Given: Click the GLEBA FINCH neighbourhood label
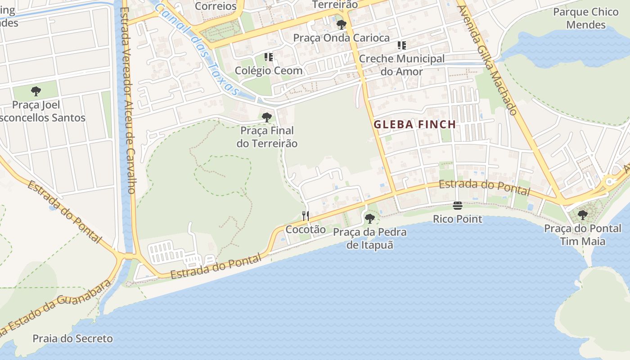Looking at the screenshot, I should [x=415, y=125].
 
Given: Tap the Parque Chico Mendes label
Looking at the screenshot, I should [x=585, y=18].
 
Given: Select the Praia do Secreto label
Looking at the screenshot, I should [x=72, y=338].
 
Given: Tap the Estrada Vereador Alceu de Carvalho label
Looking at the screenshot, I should [x=128, y=99].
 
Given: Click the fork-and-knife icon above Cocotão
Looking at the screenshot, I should [x=306, y=216].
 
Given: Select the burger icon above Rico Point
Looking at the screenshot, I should [x=458, y=206].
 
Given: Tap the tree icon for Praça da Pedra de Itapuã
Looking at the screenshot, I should [x=370, y=219].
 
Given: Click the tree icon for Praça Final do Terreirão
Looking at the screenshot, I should [x=267, y=117].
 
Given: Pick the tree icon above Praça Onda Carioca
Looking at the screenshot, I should [x=341, y=24].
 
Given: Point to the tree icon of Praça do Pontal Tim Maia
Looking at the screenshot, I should [x=582, y=215].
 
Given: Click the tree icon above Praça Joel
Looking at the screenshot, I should [x=36, y=92].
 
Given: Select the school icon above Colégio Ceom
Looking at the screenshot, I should [x=269, y=57].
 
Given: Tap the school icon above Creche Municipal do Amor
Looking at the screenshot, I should [x=401, y=45].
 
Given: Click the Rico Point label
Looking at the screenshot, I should [x=458, y=219].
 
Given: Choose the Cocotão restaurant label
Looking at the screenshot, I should [x=306, y=229].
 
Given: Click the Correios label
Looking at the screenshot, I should [x=216, y=6].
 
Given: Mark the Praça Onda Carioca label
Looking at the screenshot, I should [x=341, y=38].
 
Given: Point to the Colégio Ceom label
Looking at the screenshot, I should [x=269, y=71].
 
